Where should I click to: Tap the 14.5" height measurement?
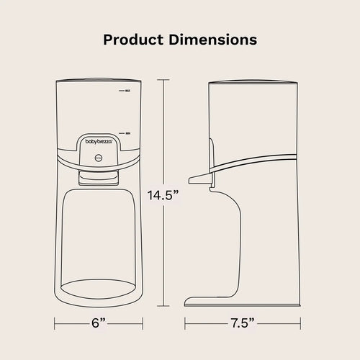pos(163,195)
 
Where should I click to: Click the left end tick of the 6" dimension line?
pos(55,323)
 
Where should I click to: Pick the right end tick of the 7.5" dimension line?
pos(297,323)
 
